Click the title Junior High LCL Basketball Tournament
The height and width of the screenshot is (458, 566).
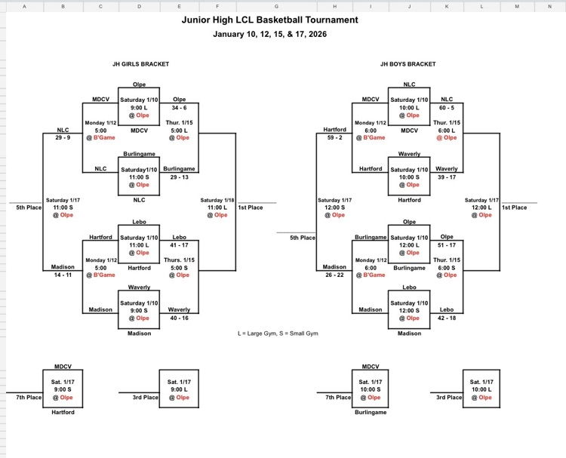coord(270,20)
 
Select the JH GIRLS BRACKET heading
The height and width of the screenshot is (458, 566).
coord(140,64)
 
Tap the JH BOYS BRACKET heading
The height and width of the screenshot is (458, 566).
coord(408,64)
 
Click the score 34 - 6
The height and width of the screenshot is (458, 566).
coord(180,107)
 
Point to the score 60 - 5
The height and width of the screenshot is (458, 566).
coord(448,107)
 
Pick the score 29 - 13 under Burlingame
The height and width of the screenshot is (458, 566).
coord(180,177)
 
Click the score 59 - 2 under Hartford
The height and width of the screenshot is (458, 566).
coord(334,137)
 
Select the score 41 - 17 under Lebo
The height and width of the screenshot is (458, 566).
coord(180,245)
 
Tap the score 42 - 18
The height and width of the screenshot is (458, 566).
coord(448,318)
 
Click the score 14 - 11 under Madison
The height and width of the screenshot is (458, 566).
coord(63,275)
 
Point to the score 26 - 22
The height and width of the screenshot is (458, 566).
coord(334,275)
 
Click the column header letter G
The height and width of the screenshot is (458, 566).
coord(276,6)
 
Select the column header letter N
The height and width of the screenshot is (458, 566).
coord(549,6)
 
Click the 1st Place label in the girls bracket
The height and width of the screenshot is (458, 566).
coord(250,207)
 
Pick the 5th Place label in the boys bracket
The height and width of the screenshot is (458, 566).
coord(303,238)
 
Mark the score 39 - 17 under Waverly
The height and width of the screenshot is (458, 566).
coord(448,177)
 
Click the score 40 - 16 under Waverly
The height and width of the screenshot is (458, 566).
coord(180,318)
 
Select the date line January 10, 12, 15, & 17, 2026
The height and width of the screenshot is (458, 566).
coord(270,34)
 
